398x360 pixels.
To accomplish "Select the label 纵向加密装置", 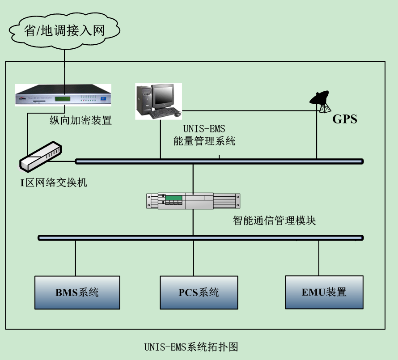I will click(x=80, y=120).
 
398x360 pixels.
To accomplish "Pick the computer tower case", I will click(x=144, y=101).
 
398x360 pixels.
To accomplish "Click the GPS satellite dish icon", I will click(x=321, y=101).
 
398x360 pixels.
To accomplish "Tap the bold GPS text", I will click(x=344, y=119).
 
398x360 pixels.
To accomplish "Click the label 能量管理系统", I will click(x=204, y=141).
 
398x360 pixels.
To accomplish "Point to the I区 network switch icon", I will click(x=42, y=157).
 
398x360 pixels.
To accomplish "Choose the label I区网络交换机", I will click(x=53, y=182).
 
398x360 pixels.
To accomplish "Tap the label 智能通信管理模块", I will click(x=274, y=220).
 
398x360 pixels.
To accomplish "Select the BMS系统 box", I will click(x=77, y=292).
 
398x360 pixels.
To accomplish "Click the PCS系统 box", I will click(x=199, y=292).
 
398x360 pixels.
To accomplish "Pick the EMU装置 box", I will click(x=324, y=292).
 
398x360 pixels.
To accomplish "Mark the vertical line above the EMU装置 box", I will click(x=319, y=258).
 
